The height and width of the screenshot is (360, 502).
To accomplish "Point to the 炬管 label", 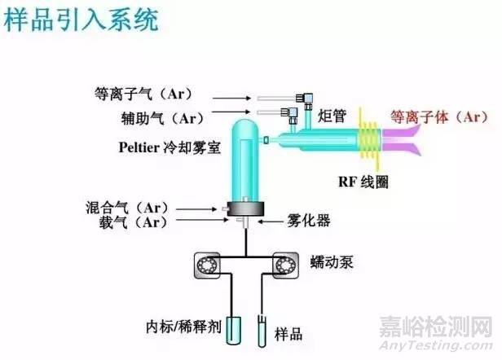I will click(332, 115).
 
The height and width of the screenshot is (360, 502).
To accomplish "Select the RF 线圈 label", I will click(363, 181).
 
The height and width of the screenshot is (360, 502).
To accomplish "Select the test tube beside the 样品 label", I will click(262, 325).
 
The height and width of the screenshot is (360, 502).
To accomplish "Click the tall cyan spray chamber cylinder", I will click(244, 163).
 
